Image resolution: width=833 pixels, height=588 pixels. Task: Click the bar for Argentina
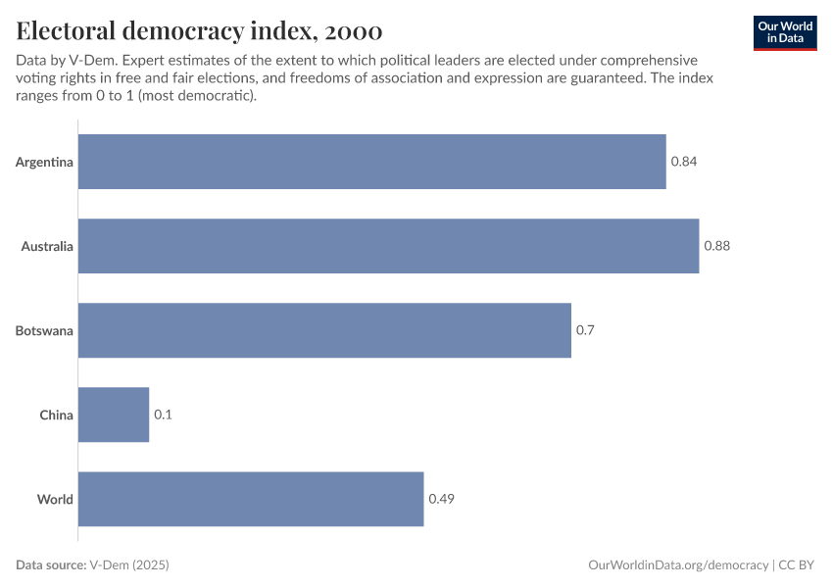371,162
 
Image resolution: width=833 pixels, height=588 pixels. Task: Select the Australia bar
388,246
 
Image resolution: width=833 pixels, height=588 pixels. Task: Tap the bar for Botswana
324,330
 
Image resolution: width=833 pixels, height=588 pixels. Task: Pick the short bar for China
114,415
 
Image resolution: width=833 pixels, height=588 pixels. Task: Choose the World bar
251,499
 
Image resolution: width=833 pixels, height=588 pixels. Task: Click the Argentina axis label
44,162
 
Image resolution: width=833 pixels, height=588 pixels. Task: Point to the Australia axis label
47,246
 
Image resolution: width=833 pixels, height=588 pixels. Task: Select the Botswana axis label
44,330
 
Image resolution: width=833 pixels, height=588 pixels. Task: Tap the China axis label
56,415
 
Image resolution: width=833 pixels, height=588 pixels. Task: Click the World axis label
55,499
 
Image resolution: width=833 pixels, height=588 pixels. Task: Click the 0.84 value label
683,162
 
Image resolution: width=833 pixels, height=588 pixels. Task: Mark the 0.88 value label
716,246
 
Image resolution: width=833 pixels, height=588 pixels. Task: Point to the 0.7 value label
585,330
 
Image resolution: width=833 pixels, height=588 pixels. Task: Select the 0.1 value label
163,415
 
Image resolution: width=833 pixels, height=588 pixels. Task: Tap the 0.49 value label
441,499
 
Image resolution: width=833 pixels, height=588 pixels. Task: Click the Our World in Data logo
785,32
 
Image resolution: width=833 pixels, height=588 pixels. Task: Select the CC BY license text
799,565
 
